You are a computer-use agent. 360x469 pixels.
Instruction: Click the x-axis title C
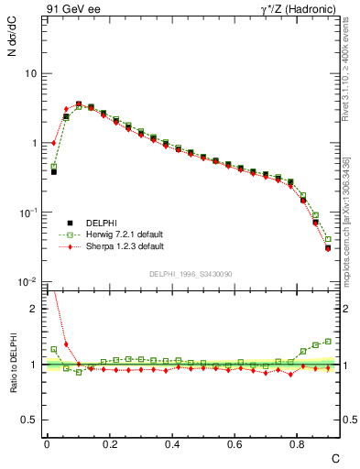(x=335, y=457)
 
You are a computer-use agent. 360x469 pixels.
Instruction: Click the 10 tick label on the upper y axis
(x=30, y=73)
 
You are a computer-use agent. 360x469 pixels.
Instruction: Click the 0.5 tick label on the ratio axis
(x=28, y=420)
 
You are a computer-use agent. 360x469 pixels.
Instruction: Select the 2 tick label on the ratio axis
(x=33, y=309)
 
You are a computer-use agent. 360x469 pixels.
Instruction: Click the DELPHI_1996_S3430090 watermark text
(x=190, y=274)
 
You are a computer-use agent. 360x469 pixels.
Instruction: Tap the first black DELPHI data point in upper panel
(x=54, y=171)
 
